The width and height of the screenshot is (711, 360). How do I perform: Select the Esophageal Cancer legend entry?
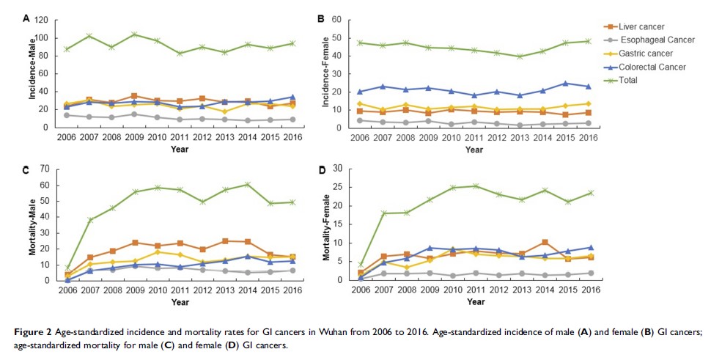pyautogui.click(x=655, y=40)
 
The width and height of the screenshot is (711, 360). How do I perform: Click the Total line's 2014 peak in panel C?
pyautogui.click(x=248, y=184)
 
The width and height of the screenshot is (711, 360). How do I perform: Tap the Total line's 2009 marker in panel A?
pyautogui.click(x=133, y=34)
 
